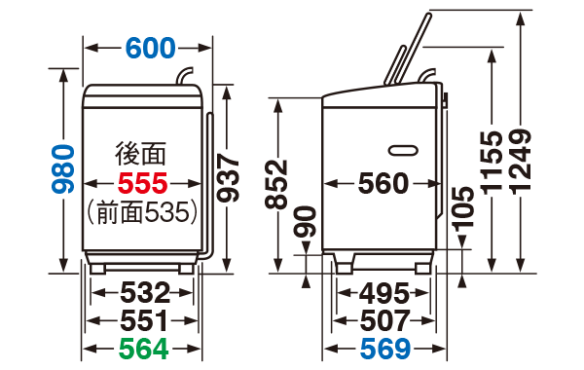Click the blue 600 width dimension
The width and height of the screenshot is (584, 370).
coord(149,47)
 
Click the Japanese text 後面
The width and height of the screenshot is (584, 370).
coord(142,154)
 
